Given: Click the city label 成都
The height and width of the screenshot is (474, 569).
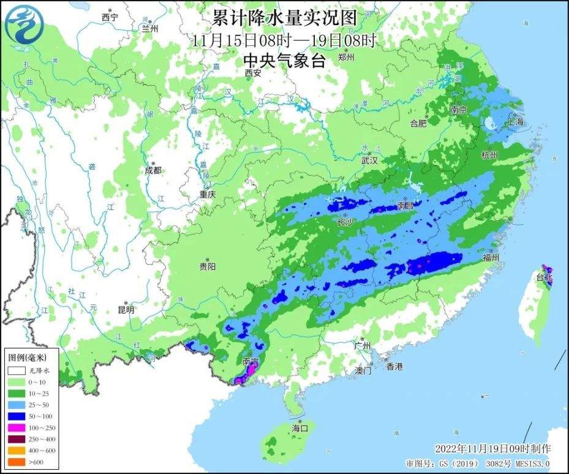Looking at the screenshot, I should pyautogui.click(x=153, y=170).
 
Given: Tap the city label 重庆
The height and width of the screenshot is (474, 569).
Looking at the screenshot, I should pyautogui.click(x=208, y=194).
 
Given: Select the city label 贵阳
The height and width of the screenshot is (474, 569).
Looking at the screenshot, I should pyautogui.click(x=208, y=266).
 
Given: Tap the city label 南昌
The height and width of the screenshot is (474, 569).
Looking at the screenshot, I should pyautogui.click(x=405, y=206).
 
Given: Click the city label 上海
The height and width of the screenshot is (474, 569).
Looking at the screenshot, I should pyautogui.click(x=515, y=121).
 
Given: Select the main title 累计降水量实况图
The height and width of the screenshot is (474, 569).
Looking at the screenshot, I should pyautogui.click(x=284, y=17).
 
